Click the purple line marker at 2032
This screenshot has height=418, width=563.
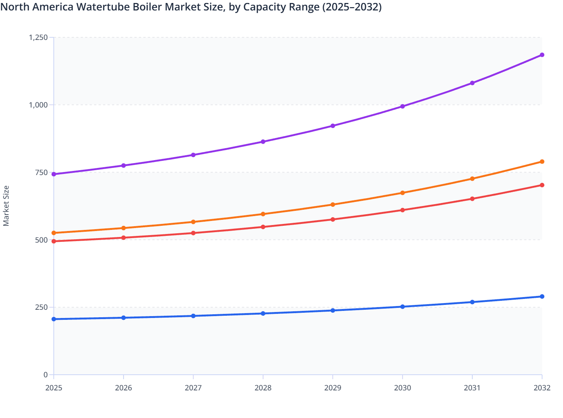(542, 55)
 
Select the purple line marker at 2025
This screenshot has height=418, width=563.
(54, 174)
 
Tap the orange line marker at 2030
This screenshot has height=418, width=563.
(402, 193)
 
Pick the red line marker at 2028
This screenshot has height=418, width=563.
(263, 227)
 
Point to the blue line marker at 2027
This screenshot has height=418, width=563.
(193, 316)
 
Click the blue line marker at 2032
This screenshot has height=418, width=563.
(542, 297)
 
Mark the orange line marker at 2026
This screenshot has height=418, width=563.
(124, 228)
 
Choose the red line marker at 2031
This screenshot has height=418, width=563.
(472, 199)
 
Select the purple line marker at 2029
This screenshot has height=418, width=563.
(333, 126)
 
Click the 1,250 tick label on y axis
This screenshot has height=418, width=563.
(38, 37)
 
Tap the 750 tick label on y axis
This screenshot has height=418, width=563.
(41, 172)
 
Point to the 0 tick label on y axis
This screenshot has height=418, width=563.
(46, 375)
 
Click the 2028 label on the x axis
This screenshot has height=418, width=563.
(263, 388)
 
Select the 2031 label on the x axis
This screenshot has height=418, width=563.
(472, 388)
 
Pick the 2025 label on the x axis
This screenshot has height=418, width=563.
(54, 388)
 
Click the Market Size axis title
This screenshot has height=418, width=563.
(6, 206)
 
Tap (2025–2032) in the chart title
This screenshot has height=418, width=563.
(352, 7)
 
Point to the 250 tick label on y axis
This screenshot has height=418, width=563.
(41, 307)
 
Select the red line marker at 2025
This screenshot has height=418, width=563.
(54, 241)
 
